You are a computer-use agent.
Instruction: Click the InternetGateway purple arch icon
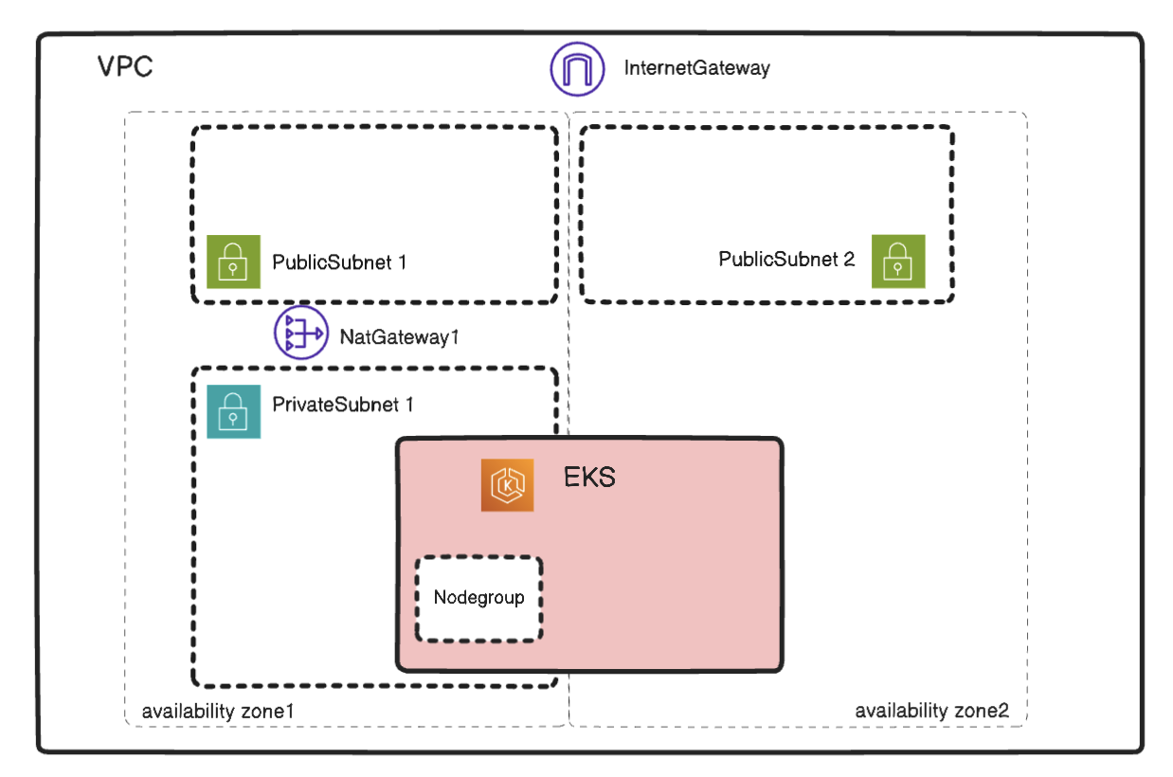(x=577, y=69)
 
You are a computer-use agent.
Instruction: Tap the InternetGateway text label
(x=696, y=68)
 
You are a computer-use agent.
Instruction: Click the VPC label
(x=125, y=68)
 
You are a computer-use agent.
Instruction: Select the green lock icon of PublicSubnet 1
(x=233, y=262)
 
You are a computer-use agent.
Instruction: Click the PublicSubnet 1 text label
(x=339, y=262)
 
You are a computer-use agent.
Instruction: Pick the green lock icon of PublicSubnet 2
(x=898, y=262)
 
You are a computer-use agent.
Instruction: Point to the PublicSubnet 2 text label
(x=786, y=259)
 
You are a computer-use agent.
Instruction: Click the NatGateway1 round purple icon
(x=299, y=334)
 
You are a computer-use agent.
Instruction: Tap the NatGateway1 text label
(x=399, y=335)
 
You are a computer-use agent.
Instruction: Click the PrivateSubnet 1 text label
(x=343, y=405)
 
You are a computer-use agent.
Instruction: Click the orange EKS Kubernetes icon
(x=507, y=485)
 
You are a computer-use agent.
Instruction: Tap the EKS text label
(x=589, y=477)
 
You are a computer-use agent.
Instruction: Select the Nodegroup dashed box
(x=478, y=625)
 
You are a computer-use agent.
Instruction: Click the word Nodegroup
(x=478, y=598)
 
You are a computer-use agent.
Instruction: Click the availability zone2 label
(x=931, y=710)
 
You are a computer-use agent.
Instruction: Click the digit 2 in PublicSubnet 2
(x=849, y=259)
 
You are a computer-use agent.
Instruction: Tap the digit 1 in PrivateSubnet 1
(x=409, y=405)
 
